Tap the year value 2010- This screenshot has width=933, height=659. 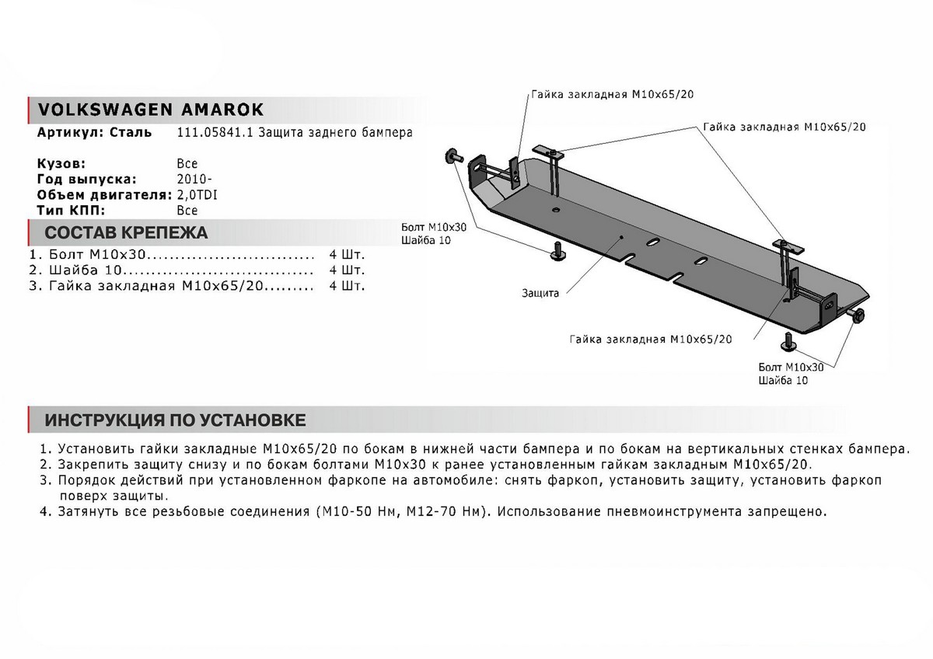[191, 180]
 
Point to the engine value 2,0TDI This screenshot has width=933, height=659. [197, 195]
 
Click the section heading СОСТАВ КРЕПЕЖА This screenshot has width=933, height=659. [126, 233]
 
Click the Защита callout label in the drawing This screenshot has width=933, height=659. [541, 292]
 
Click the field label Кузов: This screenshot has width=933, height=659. [61, 164]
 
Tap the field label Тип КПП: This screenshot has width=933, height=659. [70, 210]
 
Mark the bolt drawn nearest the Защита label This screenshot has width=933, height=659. [557, 252]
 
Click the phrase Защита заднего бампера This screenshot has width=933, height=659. [335, 133]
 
